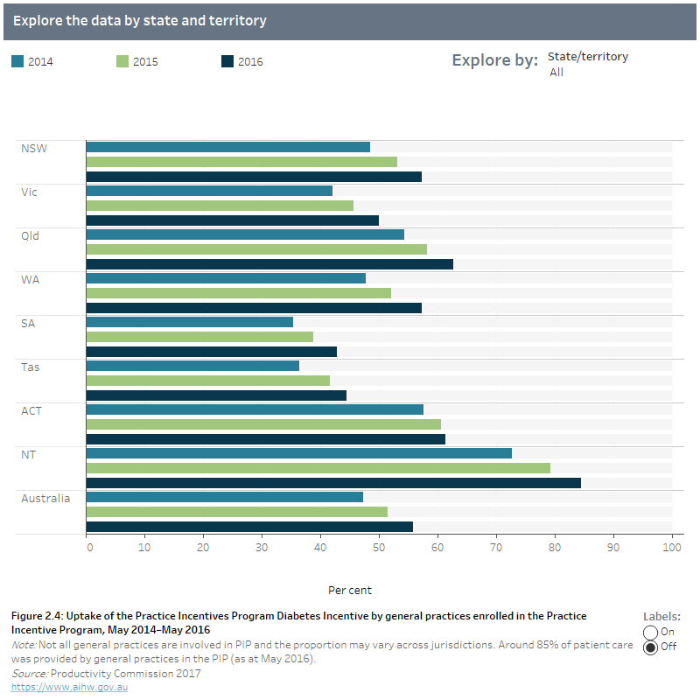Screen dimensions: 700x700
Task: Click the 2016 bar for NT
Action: (x=332, y=483)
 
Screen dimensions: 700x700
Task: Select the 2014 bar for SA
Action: (x=189, y=322)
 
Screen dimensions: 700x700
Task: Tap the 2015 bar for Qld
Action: (x=255, y=249)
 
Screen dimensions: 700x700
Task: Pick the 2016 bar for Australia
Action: (x=248, y=527)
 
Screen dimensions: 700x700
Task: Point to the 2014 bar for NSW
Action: (x=227, y=147)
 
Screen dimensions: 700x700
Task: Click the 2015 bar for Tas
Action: (x=207, y=381)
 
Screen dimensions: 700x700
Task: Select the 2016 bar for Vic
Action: (x=232, y=220)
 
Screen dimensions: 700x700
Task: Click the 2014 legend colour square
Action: (x=17, y=61)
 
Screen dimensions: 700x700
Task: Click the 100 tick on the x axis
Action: (x=671, y=547)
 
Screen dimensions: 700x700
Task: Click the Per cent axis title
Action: (x=350, y=590)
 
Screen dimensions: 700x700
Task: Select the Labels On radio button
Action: (x=650, y=632)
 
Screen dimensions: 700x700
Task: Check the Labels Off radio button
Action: (x=650, y=648)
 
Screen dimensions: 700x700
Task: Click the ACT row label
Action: (x=31, y=410)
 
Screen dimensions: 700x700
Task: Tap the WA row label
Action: (x=30, y=279)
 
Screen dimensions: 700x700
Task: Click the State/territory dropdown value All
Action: (x=556, y=73)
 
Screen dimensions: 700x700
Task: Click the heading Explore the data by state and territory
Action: (x=140, y=20)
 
